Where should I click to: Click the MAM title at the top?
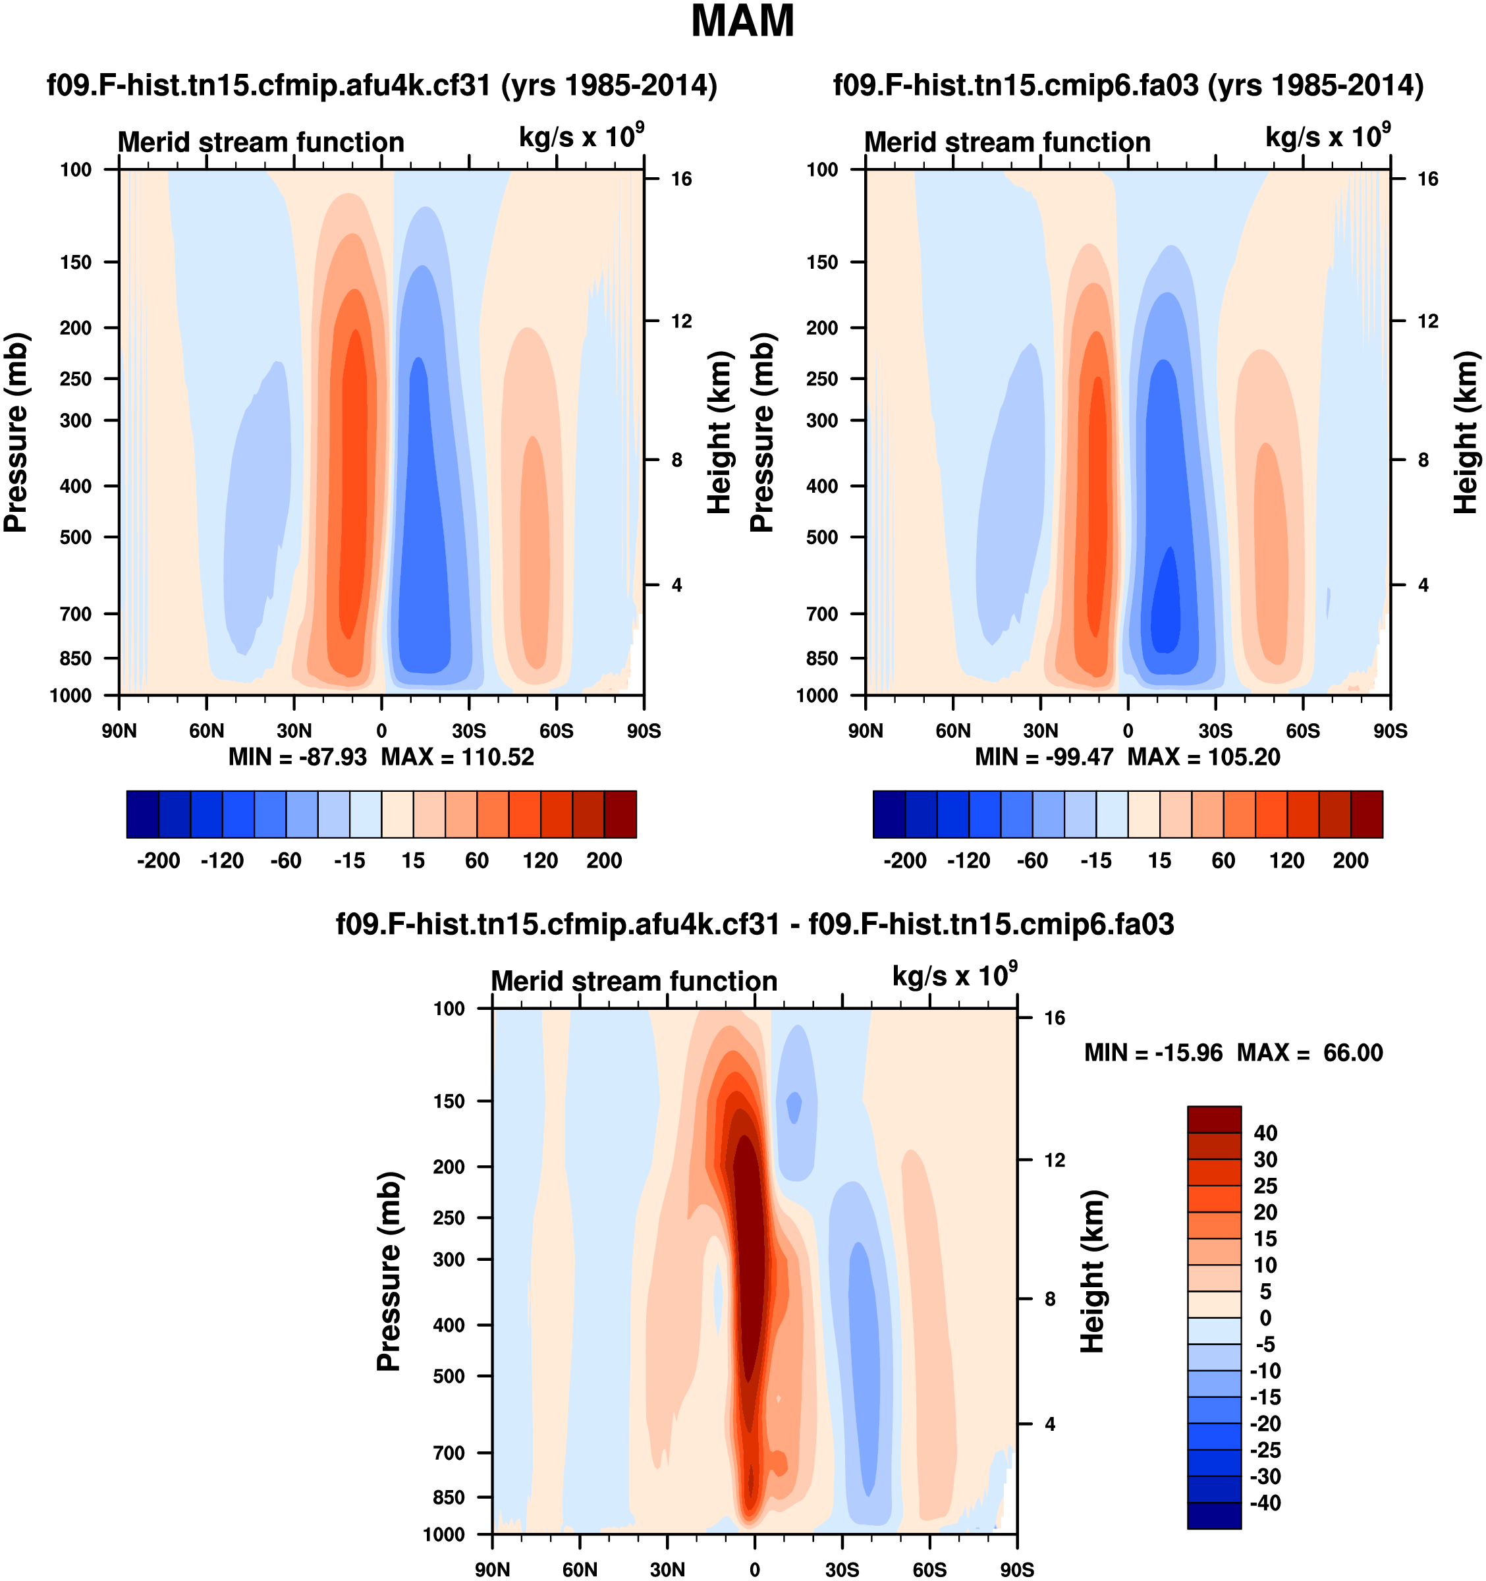tap(742, 22)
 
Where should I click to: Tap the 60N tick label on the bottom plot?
tap(580, 1569)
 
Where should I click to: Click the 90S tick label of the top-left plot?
tap(644, 731)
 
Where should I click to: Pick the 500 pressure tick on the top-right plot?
tap(822, 537)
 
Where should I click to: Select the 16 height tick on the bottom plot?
tap(1055, 1017)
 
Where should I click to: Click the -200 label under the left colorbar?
tap(158, 860)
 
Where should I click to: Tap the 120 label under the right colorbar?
tap(1286, 860)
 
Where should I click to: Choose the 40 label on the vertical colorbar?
tap(1265, 1132)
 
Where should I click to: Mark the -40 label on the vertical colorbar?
tap(1265, 1502)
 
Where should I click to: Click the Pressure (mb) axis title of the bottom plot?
tap(389, 1271)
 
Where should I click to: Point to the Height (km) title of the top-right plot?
tap(1466, 432)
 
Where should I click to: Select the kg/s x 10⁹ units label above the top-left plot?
tap(581, 137)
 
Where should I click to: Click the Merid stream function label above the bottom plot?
tap(634, 981)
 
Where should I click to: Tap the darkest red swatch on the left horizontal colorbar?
tap(620, 814)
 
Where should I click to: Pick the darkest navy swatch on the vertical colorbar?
tap(1213, 1515)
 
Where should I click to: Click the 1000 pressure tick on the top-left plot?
tap(70, 696)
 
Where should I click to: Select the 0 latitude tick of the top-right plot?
tap(1128, 731)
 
